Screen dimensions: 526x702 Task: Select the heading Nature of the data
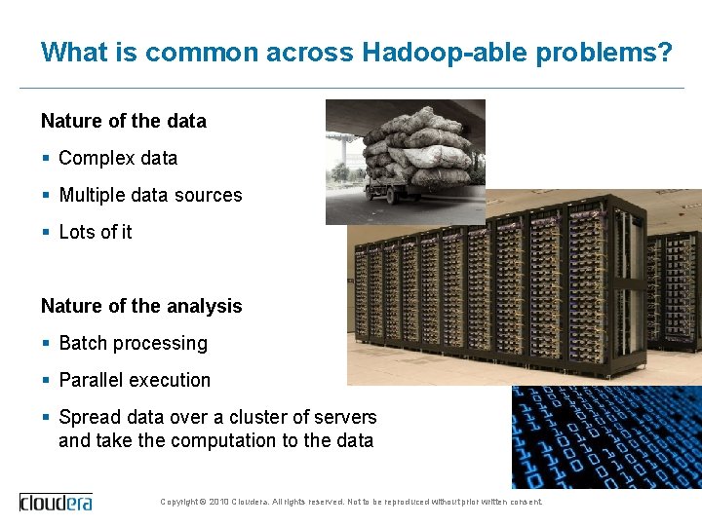(124, 122)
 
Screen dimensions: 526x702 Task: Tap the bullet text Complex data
(118, 158)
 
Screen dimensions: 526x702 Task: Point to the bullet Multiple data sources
(150, 195)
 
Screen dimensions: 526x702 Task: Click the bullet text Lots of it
(96, 232)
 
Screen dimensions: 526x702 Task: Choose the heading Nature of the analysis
(141, 306)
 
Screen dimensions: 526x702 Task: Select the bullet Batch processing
(134, 343)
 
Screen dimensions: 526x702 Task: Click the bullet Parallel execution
(135, 380)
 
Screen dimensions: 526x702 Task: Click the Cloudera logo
(57, 502)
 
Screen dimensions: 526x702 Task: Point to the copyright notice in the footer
(351, 502)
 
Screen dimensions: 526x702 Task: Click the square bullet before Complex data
(46, 158)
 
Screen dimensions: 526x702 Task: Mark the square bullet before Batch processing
(46, 343)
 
